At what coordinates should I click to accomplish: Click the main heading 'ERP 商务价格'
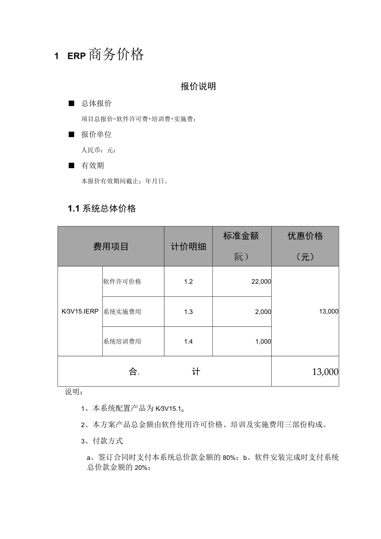pyautogui.click(x=106, y=55)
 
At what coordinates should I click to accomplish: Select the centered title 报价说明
pyautogui.click(x=198, y=87)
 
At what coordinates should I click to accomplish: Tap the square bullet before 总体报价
pyautogui.click(x=71, y=103)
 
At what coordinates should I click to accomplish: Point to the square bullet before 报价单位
pyautogui.click(x=71, y=134)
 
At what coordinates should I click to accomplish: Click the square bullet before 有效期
pyautogui.click(x=71, y=165)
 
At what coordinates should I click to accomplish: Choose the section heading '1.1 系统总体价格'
pyautogui.click(x=102, y=209)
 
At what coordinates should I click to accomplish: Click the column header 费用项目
pyautogui.click(x=111, y=247)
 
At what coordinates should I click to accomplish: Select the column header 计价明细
pyautogui.click(x=188, y=247)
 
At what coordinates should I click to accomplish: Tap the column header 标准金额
pyautogui.click(x=241, y=236)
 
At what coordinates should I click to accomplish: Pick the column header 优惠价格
pyautogui.click(x=305, y=236)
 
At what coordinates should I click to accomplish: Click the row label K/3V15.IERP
pyautogui.click(x=80, y=312)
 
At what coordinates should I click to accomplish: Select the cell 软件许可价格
pyautogui.click(x=122, y=282)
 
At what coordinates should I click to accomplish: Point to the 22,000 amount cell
pyautogui.click(x=261, y=282)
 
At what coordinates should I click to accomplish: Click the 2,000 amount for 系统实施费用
pyautogui.click(x=263, y=312)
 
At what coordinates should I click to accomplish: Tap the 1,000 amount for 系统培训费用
pyautogui.click(x=263, y=341)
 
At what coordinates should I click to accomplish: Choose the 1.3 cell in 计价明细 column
pyautogui.click(x=188, y=312)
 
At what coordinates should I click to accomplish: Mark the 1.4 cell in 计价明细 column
pyautogui.click(x=188, y=341)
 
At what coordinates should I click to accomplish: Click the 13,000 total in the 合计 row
pyautogui.click(x=325, y=372)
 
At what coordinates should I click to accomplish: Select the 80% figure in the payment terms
pyautogui.click(x=229, y=458)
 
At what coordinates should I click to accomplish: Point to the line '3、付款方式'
pyautogui.click(x=102, y=441)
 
